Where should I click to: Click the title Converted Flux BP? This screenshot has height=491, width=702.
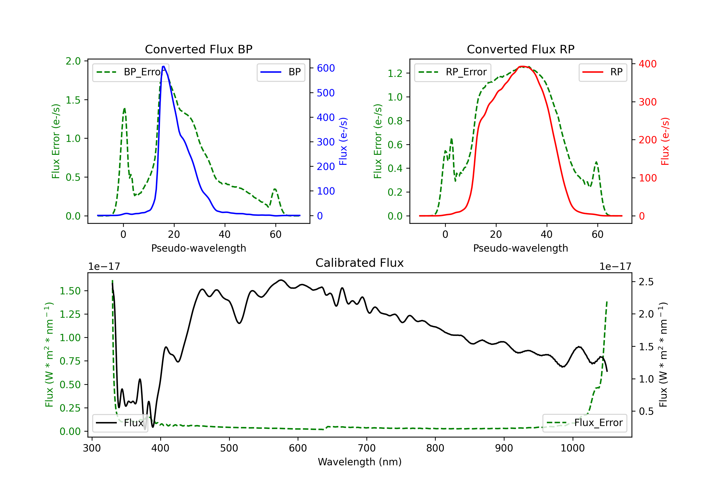tap(199, 49)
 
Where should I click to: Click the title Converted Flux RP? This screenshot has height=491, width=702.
tap(521, 49)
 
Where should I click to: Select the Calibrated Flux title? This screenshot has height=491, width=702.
tap(360, 263)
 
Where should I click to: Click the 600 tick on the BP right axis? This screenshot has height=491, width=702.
tap(326, 68)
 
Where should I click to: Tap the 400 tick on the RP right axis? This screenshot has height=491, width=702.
tap(647, 64)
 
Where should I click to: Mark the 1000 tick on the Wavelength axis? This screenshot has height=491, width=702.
tap(573, 448)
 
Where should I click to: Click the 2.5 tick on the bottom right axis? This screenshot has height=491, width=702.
tap(646, 282)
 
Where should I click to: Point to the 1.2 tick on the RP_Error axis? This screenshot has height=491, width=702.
tap(395, 73)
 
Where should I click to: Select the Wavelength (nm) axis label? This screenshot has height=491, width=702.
tap(360, 462)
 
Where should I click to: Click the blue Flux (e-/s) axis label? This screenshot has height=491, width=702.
tap(343, 141)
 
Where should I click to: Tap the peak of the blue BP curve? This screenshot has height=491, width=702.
tap(164, 66)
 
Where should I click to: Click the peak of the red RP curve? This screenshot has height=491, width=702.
tap(523, 66)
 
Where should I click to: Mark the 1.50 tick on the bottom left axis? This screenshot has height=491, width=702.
tap(70, 291)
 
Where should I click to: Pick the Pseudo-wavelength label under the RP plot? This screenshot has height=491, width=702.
tap(521, 248)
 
